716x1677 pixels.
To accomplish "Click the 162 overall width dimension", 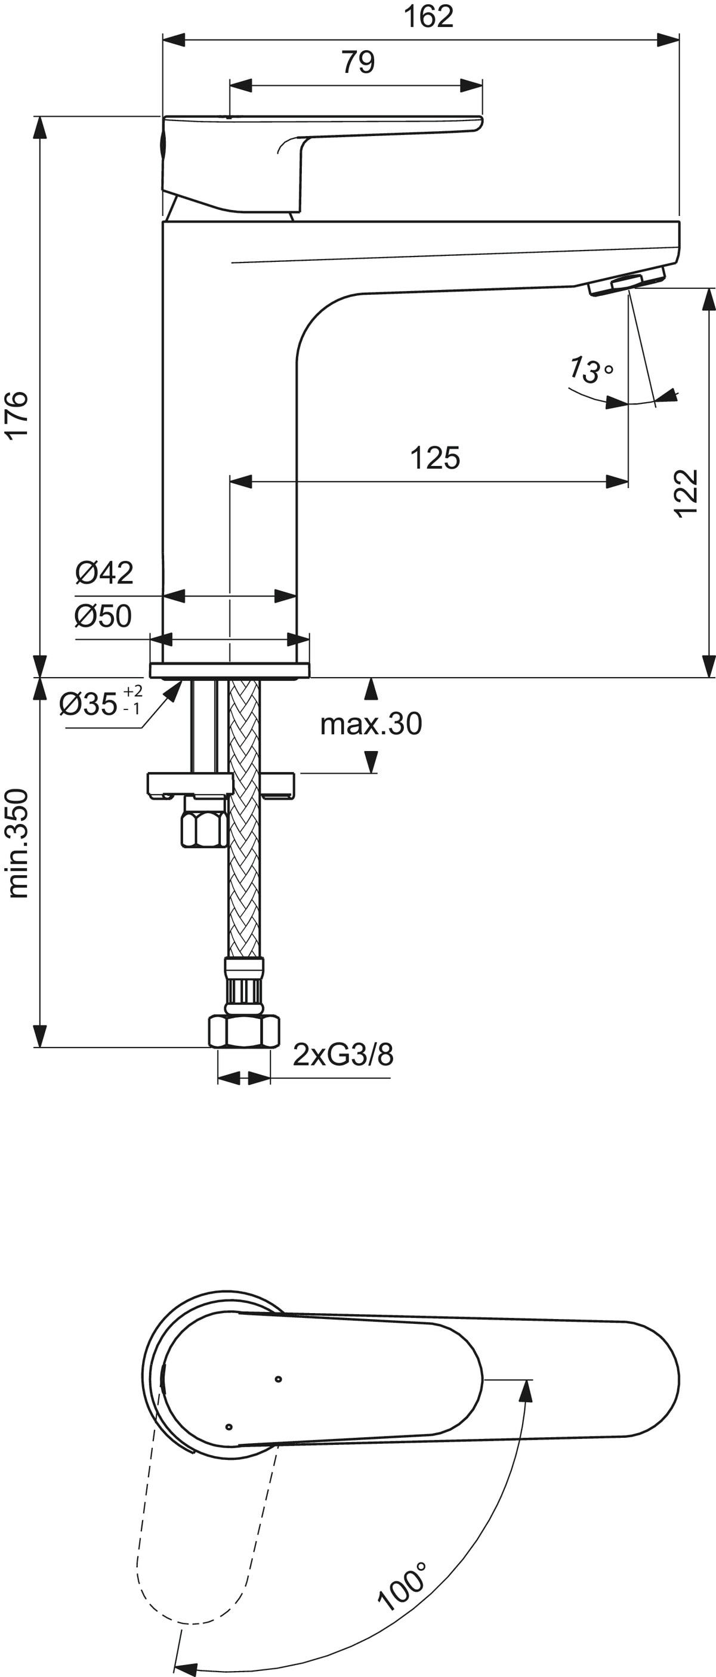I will [428, 17].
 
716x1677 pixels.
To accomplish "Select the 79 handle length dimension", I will [358, 63].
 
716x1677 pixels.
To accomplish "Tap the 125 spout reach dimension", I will [435, 458].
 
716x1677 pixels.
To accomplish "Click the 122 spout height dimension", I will [686, 493].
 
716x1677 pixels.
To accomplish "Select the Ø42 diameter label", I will [104, 572].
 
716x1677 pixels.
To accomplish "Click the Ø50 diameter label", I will [103, 615].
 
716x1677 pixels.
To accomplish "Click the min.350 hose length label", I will [18, 844].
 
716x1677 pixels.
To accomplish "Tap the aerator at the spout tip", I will [626, 285].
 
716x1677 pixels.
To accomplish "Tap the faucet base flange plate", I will [230, 670].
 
